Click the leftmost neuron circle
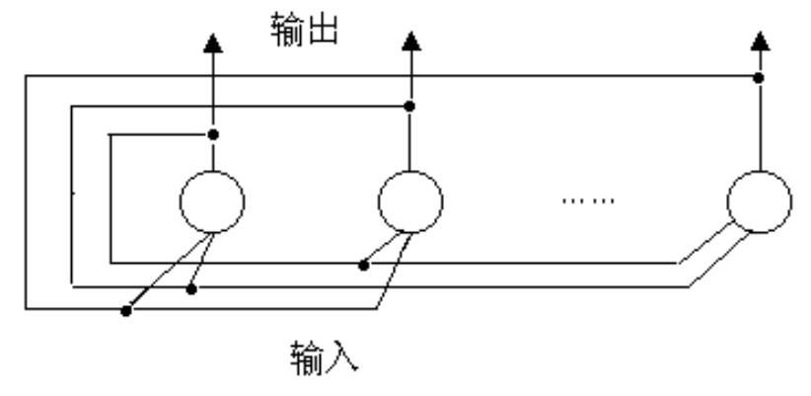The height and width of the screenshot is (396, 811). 212,201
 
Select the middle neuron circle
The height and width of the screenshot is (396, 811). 410,201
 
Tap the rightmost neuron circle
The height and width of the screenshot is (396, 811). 759,201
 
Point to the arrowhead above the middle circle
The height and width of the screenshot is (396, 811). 410,40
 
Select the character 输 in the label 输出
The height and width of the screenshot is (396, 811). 287,31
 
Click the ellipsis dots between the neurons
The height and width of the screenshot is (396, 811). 588,201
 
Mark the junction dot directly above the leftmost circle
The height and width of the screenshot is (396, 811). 212,133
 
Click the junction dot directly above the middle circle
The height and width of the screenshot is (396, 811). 410,105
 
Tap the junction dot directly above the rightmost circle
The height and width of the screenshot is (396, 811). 759,78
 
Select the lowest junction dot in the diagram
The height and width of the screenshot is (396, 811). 125,311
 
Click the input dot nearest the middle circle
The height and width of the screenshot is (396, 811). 364,265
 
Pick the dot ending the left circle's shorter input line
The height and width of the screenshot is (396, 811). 191,288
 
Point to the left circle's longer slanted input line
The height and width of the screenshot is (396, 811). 168,272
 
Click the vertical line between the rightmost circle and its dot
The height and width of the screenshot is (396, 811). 759,128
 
